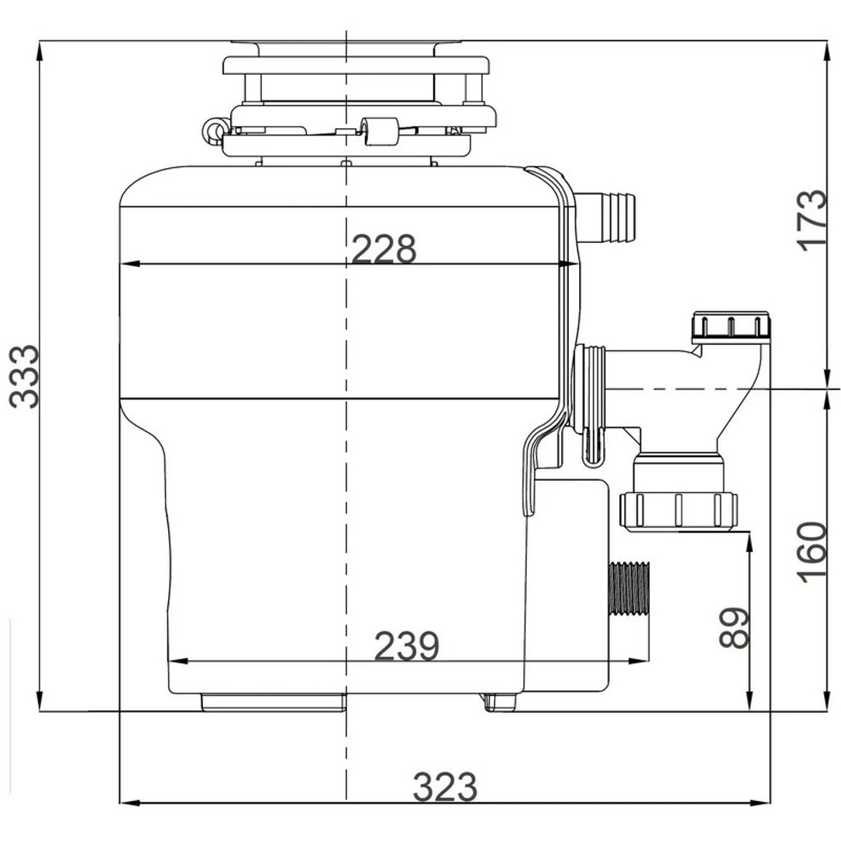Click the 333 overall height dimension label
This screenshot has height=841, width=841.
(25, 377)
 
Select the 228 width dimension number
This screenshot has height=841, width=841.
(384, 249)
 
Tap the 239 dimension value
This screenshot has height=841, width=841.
(407, 646)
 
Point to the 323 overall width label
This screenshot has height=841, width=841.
(445, 787)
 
